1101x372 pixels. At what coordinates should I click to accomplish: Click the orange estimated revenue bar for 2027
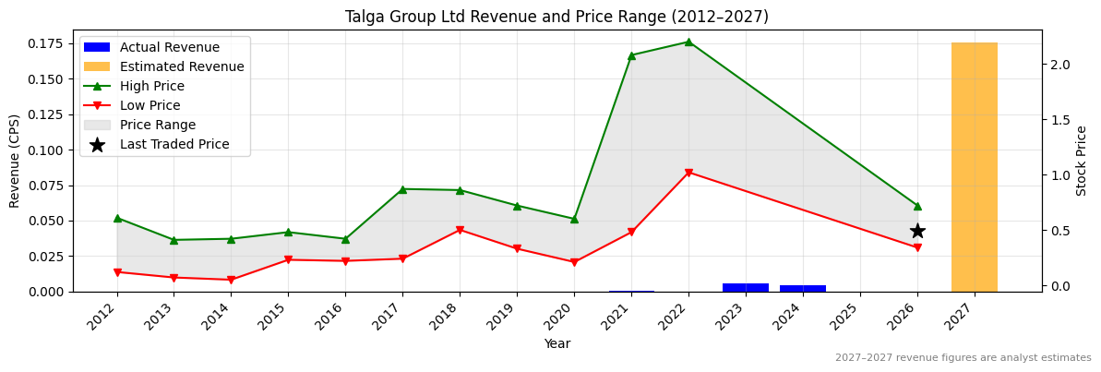point(974,167)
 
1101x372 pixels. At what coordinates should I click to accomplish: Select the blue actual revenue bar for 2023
point(745,287)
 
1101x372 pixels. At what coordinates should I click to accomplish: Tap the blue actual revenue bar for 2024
point(802,288)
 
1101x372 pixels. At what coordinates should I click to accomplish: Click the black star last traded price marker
point(917,231)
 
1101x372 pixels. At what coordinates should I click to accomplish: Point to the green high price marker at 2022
point(688,42)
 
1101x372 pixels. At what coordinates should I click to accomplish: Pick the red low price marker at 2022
point(688,173)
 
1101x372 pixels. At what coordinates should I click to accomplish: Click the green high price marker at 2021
point(631,55)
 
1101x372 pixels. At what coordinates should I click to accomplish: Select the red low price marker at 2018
point(460,230)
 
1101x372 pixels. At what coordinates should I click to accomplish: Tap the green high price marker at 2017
point(402,189)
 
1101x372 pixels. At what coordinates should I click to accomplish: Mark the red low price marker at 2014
point(231,280)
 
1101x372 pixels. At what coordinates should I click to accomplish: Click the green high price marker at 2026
point(917,206)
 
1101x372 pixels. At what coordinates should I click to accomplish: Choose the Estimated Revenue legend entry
point(182,67)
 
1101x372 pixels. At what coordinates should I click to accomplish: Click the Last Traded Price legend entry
point(174,145)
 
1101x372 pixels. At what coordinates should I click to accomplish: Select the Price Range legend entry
point(157,126)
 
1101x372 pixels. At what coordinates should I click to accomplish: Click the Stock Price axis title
point(1082,161)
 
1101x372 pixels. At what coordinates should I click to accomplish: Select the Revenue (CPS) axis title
point(15,161)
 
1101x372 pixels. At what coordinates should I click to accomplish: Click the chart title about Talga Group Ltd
point(556,17)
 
